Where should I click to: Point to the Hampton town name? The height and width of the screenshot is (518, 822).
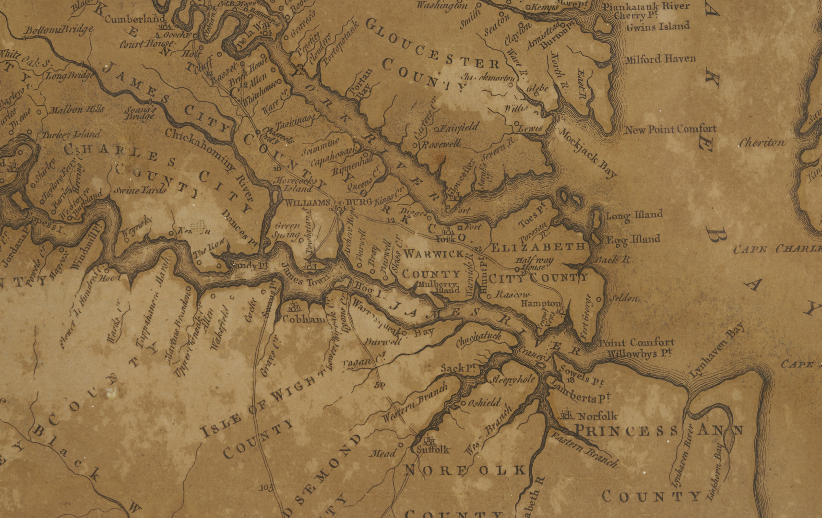pyautogui.click(x=541, y=304)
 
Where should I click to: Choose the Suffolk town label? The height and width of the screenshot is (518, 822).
pyautogui.click(x=432, y=449)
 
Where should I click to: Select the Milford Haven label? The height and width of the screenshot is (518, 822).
pyautogui.click(x=660, y=59)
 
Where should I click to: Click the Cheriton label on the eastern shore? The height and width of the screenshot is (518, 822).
pyautogui.click(x=762, y=143)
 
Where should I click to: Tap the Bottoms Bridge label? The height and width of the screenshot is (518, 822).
pyautogui.click(x=59, y=31)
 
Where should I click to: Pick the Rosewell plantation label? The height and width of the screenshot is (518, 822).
pyautogui.click(x=441, y=144)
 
